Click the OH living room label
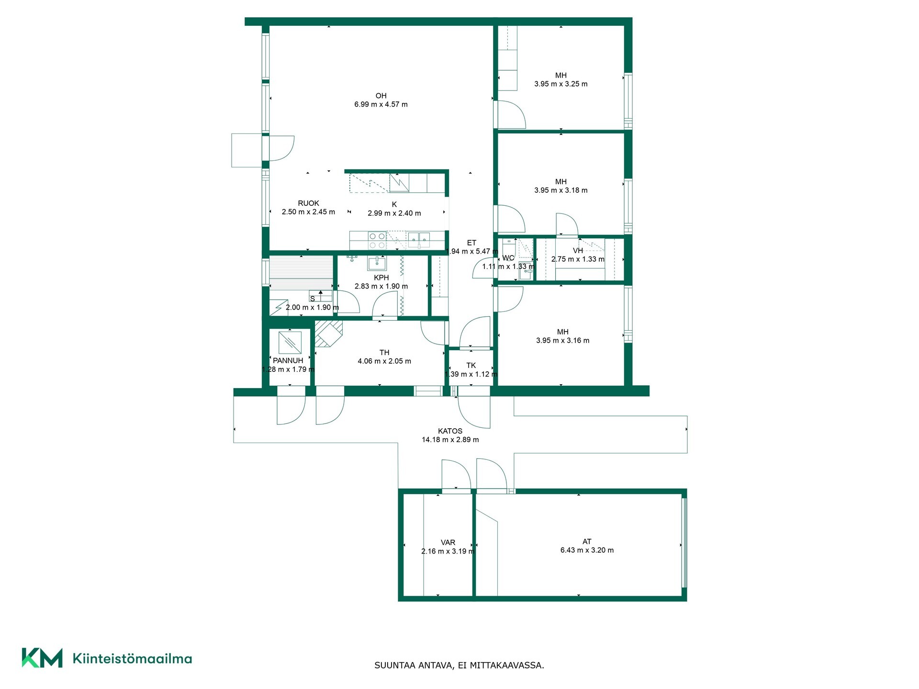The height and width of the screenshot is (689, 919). coord(381,96)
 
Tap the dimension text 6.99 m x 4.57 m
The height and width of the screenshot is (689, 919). coord(381,104)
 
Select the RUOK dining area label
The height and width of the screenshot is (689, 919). coord(308,203)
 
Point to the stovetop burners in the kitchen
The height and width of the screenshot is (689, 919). coord(377,241)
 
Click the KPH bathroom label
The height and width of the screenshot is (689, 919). coord(381,278)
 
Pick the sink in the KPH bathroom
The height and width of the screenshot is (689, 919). coord(377,263)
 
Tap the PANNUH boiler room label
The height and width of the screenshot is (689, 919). coord(288,361)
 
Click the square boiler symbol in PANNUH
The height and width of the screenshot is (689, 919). coord(290,343)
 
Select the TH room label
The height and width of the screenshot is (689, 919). coord(384,353)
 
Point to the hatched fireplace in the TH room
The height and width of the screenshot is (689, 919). coord(328,333)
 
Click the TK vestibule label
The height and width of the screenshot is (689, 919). coord(471,366)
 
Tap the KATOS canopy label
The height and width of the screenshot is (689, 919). coord(450,431)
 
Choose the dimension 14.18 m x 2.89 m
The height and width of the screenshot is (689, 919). coord(450,440)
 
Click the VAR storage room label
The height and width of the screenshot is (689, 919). coord(448,543)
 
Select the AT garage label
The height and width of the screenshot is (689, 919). coord(587,542)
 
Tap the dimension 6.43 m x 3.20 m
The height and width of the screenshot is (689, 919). coord(587,550)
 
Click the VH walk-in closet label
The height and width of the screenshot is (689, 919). coord(578,251)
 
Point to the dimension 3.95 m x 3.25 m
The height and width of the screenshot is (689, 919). coord(561,84)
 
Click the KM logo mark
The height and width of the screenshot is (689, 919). coord(42,657)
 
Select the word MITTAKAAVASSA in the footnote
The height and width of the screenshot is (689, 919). coord(507,665)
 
